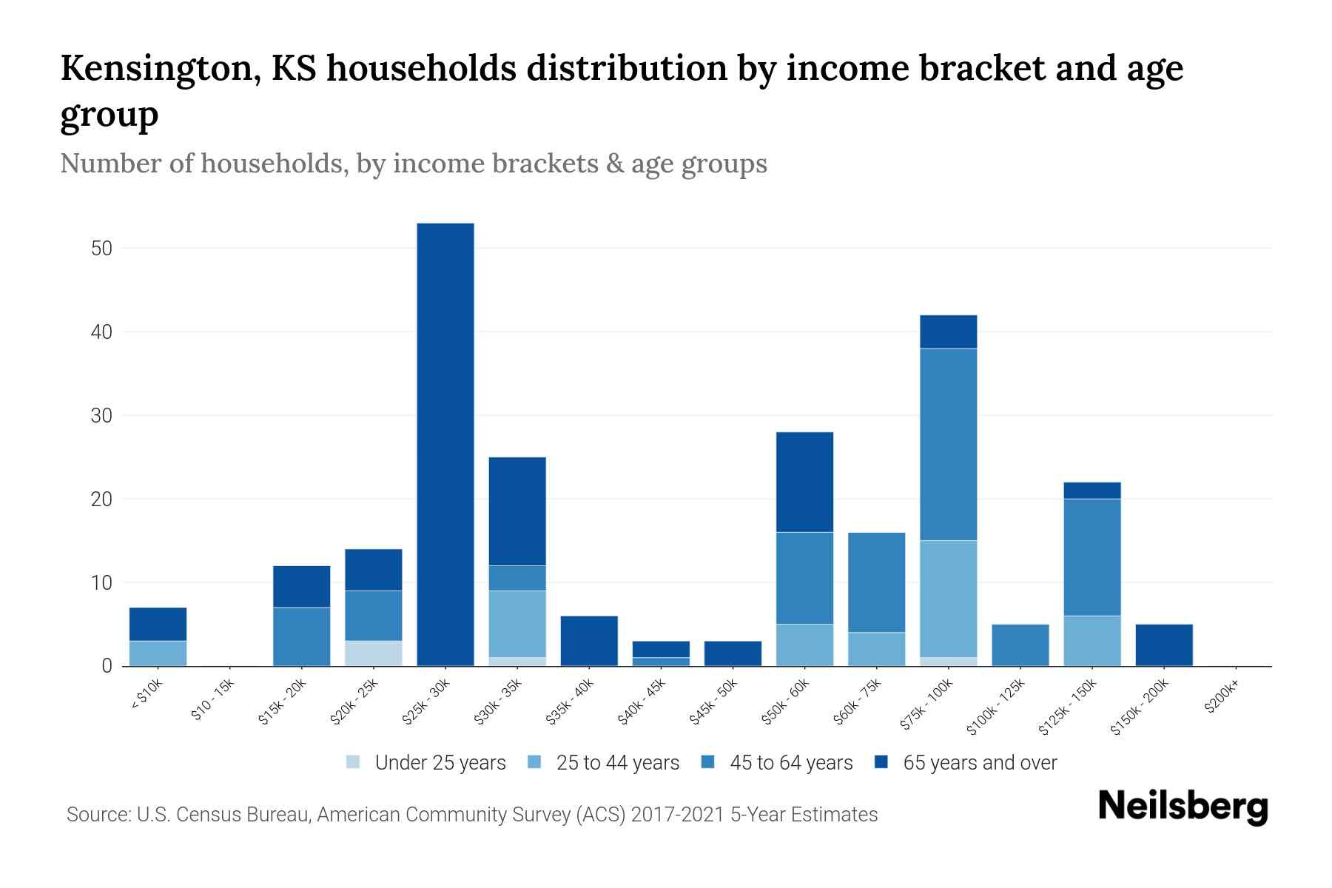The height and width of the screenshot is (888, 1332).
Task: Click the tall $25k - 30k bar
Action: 445,444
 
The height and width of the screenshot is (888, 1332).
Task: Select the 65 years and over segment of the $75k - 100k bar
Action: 948,332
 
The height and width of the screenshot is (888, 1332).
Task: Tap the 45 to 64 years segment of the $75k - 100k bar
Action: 948,444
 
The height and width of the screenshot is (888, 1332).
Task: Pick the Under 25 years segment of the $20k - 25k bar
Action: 373,653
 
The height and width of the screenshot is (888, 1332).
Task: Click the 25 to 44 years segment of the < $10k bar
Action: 158,653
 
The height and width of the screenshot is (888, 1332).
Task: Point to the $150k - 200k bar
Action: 1163,645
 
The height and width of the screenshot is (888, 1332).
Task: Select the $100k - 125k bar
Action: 1020,645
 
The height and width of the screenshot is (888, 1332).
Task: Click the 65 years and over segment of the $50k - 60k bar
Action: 804,482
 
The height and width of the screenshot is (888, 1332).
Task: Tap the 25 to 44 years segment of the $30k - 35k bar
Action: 517,624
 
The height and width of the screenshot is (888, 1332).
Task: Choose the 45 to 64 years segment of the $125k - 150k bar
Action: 1091,557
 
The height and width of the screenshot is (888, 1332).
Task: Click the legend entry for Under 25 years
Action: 440,763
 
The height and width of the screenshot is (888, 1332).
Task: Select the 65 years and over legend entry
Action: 979,763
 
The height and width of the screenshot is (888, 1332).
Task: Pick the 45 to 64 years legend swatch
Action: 708,762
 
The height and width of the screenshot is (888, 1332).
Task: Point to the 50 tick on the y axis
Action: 101,249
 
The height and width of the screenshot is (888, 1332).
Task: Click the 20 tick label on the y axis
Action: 101,499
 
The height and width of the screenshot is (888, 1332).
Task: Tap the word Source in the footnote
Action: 97,815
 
